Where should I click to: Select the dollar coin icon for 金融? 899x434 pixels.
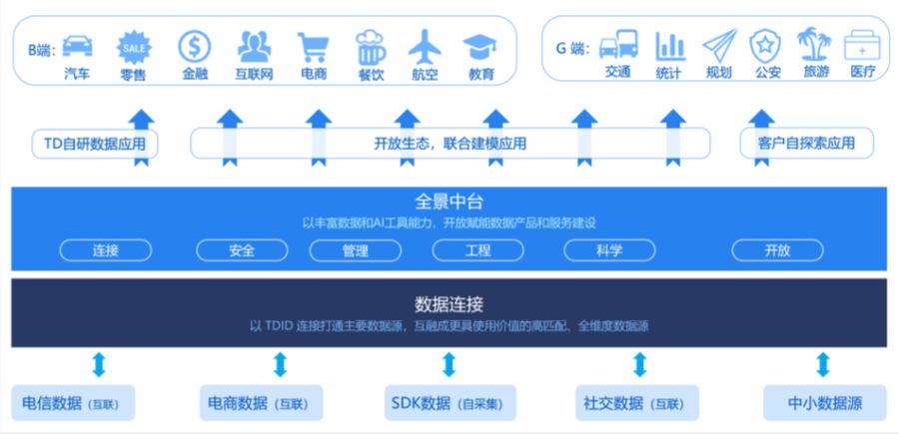point(194,46)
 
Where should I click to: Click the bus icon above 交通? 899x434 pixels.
point(618,46)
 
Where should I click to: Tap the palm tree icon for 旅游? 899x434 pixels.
point(814,45)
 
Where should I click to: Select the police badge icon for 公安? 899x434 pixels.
point(766,46)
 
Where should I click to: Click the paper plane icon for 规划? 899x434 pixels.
point(718,46)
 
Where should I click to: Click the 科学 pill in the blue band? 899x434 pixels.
point(609,250)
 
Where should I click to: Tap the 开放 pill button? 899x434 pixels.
point(777,250)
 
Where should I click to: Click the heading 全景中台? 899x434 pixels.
point(449,200)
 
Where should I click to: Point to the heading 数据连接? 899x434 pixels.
point(449,303)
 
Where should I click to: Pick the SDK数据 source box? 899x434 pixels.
point(449,404)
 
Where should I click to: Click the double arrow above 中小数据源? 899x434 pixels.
point(822,364)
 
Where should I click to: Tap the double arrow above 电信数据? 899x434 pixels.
point(97,364)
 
